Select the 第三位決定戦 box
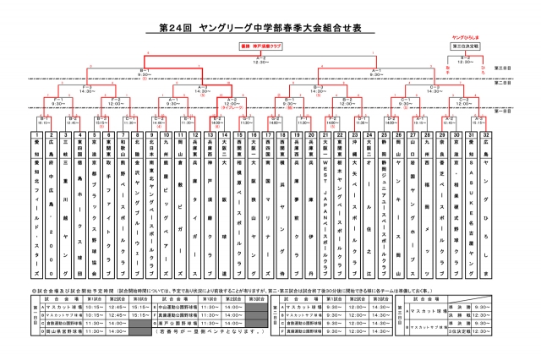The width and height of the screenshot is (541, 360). click(x=466, y=48)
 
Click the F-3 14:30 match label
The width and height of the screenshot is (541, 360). click(x=85, y=87)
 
